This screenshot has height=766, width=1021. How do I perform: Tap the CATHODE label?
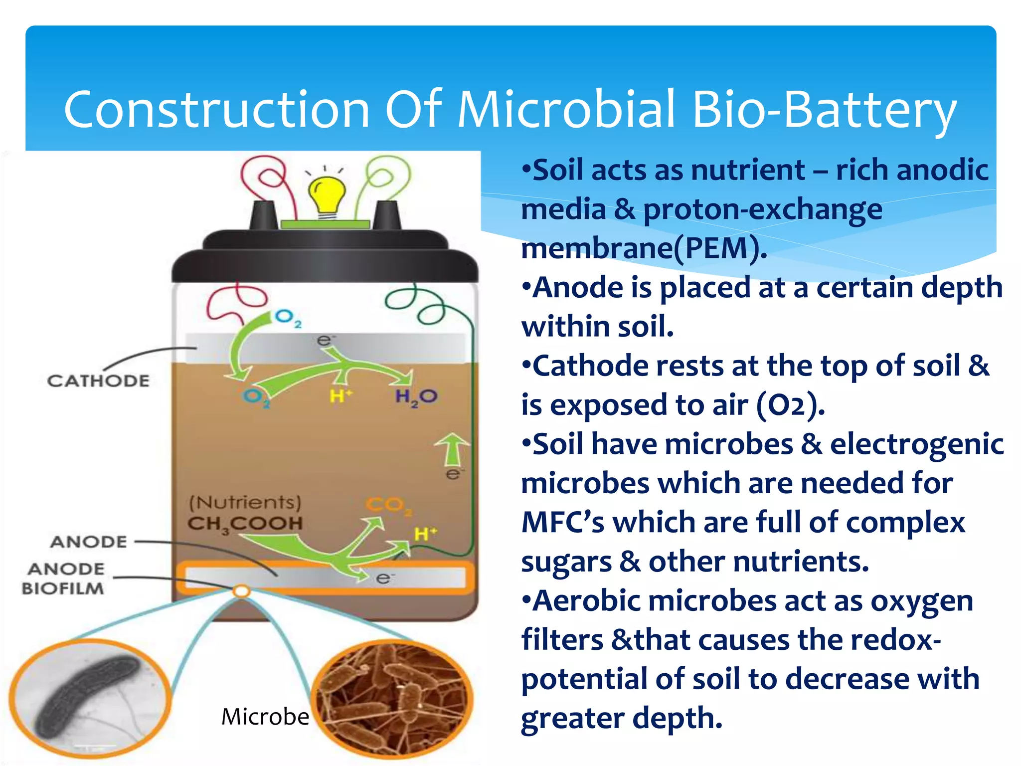(x=98, y=381)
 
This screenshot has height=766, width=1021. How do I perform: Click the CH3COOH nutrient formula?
(x=245, y=524)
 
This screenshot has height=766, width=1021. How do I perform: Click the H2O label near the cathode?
(x=416, y=397)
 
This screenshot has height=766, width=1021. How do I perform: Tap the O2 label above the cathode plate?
(x=288, y=317)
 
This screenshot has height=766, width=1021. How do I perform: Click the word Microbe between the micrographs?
(x=265, y=717)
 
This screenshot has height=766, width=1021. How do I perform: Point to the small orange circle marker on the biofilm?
(x=241, y=591)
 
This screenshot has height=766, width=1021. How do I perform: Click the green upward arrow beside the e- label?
(x=452, y=449)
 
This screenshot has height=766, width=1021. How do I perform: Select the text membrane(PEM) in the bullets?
(x=643, y=248)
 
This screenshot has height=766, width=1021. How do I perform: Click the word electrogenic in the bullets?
(x=916, y=444)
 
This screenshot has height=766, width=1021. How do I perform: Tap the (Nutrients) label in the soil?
(x=245, y=502)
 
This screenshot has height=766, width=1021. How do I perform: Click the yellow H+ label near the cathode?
(x=340, y=396)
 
